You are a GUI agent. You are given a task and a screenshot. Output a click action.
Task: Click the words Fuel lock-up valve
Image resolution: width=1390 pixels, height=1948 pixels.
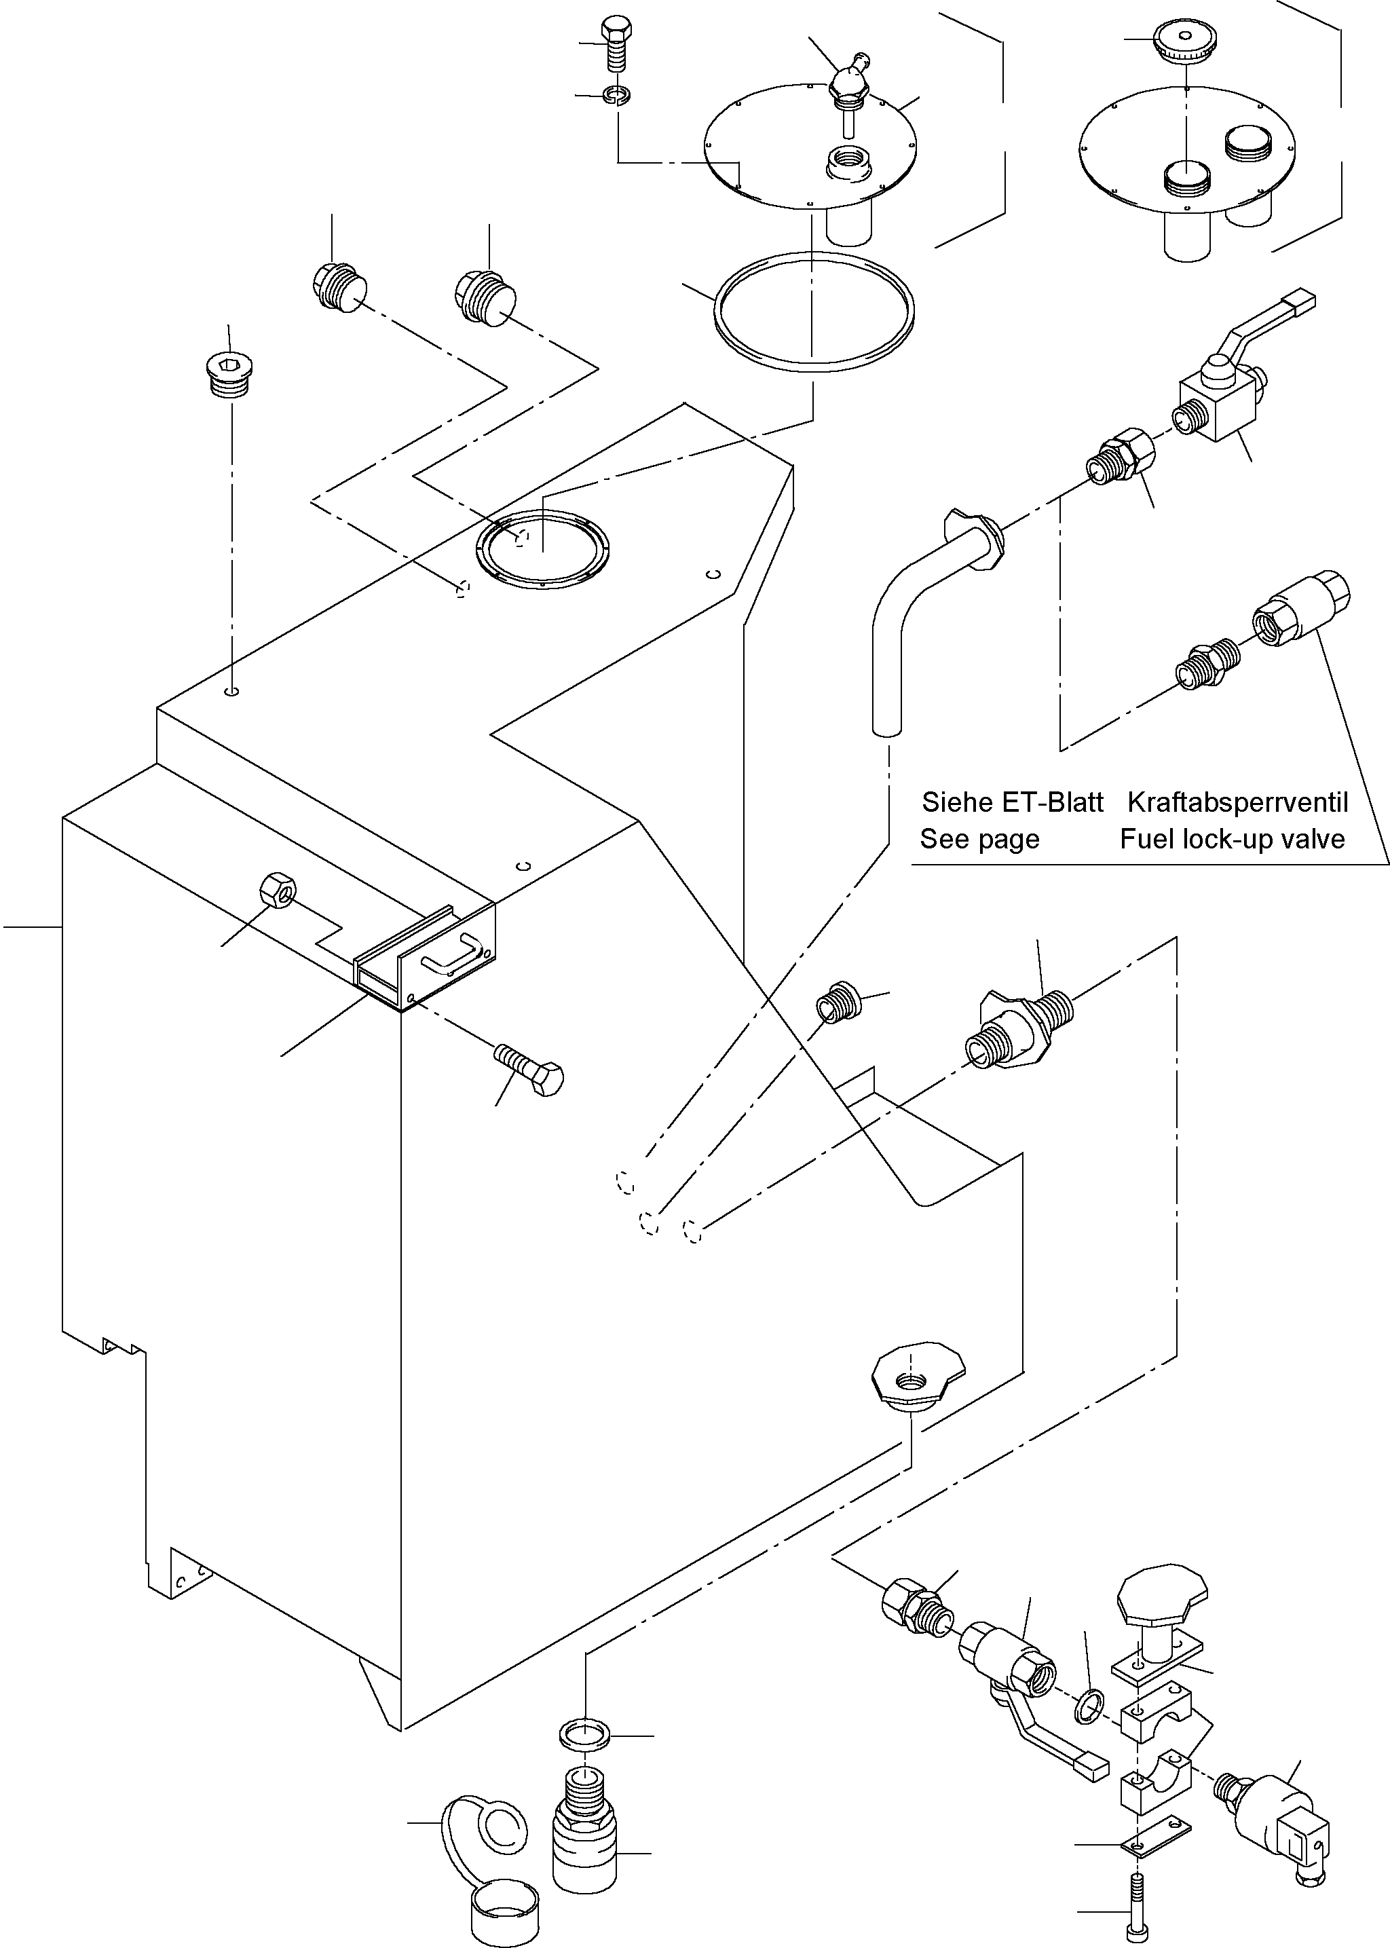point(1232,840)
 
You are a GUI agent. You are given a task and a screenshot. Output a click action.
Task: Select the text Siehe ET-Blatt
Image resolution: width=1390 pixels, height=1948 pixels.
point(1012,803)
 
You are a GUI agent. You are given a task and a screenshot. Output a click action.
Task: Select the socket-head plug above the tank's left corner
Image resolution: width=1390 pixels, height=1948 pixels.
point(229,374)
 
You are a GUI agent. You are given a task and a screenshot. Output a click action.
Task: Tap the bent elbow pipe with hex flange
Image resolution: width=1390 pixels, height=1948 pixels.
point(924,599)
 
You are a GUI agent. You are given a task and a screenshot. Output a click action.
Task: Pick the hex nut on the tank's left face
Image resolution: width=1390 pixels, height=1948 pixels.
point(276,893)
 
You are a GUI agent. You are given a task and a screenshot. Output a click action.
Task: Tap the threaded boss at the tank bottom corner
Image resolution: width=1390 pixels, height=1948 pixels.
point(914,1380)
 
